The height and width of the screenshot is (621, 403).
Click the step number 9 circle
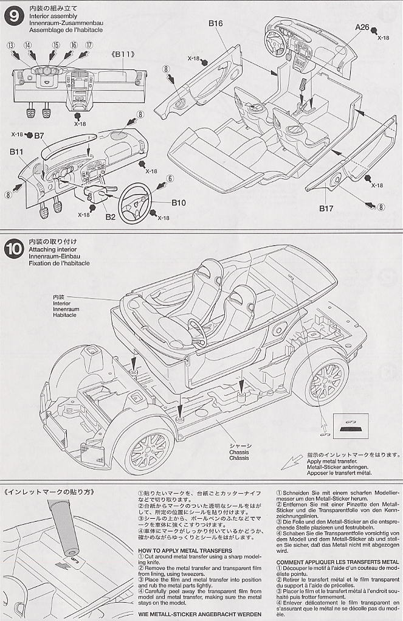tap(14, 16)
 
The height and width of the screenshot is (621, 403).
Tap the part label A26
tap(363, 27)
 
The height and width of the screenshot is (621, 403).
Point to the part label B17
tap(327, 209)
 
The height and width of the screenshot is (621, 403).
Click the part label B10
tap(179, 203)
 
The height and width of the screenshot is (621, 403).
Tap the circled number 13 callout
tap(11, 45)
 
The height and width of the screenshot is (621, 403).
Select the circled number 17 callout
tap(89, 45)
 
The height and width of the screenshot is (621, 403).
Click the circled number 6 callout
tap(170, 178)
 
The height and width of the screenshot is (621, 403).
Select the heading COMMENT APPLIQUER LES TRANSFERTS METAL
tap(334, 561)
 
